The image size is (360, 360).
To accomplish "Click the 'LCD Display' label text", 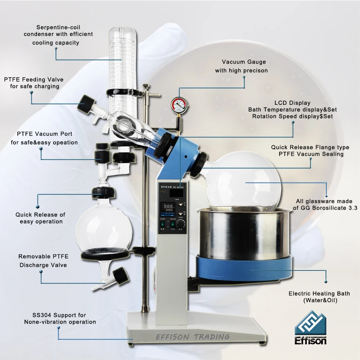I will coord(292,103).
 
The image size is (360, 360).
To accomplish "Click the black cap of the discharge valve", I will coord(120,276).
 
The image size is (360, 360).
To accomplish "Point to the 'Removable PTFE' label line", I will coord(43,256).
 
